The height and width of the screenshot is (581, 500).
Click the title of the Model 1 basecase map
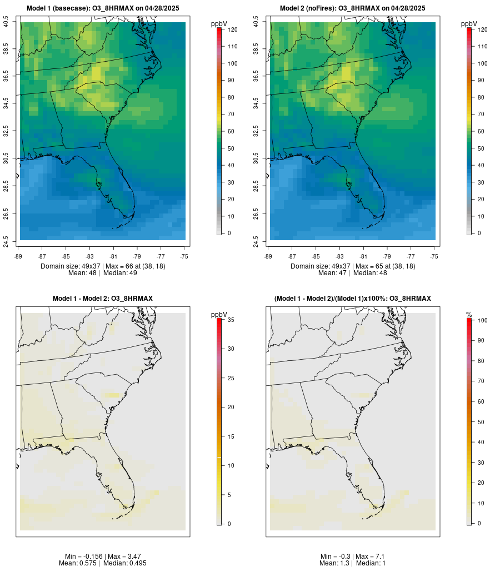(x=103, y=8)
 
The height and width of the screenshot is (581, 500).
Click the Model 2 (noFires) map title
(x=353, y=8)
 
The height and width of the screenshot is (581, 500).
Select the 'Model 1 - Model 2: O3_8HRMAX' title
(x=103, y=299)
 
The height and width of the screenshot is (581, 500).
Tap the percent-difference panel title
(x=353, y=299)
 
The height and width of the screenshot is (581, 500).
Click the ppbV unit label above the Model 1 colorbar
(x=219, y=24)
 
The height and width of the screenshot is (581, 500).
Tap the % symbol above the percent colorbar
(x=469, y=315)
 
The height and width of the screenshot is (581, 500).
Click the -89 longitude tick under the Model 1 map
(x=18, y=256)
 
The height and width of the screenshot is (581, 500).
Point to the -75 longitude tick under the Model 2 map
(x=434, y=256)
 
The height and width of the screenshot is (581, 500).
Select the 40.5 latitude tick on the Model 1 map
(x=6, y=22)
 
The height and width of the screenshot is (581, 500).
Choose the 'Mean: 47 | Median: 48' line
(x=353, y=273)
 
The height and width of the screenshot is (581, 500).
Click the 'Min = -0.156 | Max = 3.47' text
(x=103, y=557)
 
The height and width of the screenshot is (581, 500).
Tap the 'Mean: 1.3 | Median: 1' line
(x=353, y=563)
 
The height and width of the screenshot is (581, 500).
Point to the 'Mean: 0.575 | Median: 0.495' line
(x=103, y=563)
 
